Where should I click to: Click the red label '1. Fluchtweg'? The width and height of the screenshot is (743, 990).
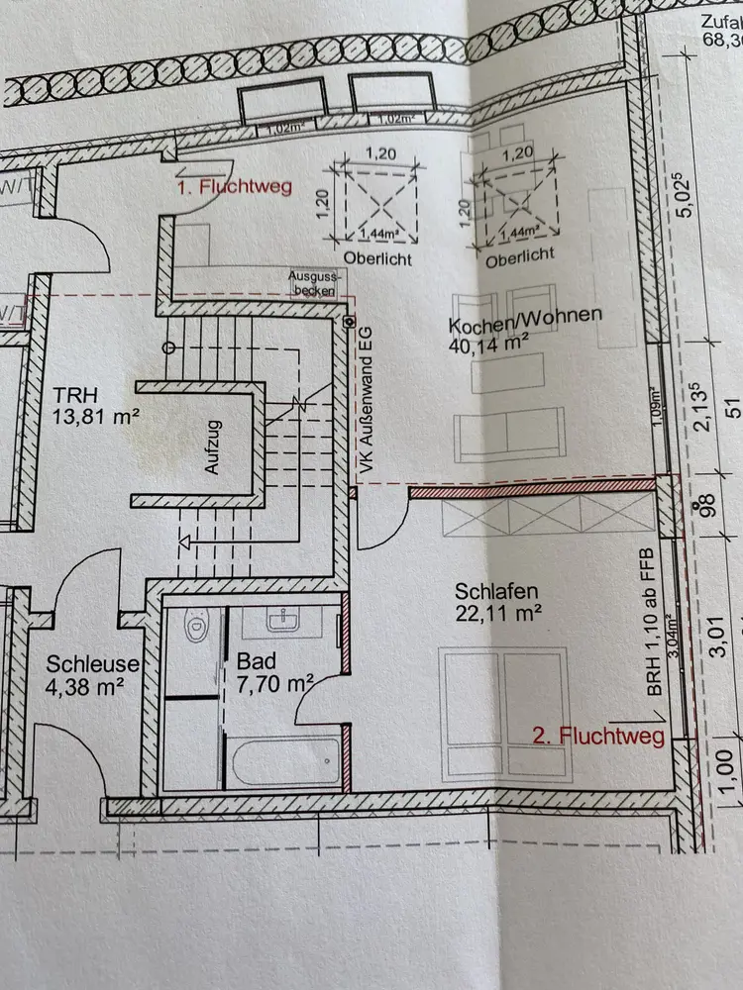(234, 186)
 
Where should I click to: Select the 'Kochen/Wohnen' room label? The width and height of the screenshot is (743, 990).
(525, 316)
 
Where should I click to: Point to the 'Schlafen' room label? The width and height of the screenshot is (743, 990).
(498, 590)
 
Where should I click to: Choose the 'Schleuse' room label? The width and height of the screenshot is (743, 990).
(92, 664)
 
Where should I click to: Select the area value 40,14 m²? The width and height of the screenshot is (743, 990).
(488, 344)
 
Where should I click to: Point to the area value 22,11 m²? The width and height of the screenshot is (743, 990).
(497, 614)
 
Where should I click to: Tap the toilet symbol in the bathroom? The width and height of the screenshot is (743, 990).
(195, 627)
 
